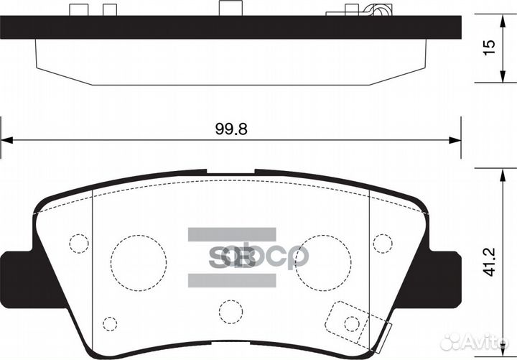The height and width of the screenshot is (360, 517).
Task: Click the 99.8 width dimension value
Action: [x=231, y=129]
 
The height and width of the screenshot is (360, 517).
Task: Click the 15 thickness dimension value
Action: [x=489, y=47]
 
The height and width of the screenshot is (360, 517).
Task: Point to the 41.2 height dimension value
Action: [x=489, y=262]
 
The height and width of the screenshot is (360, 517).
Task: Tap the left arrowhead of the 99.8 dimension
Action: [x=6, y=140]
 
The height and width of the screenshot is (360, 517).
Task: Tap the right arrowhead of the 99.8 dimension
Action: [x=455, y=140]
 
